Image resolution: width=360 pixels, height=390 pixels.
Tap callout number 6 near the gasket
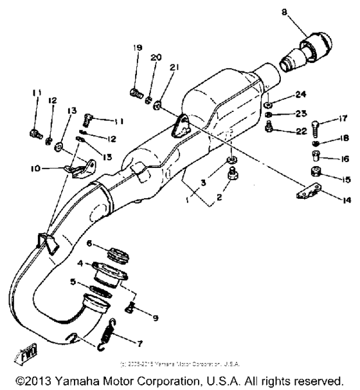point(90,243)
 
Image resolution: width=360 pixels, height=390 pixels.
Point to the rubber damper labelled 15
point(315,172)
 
